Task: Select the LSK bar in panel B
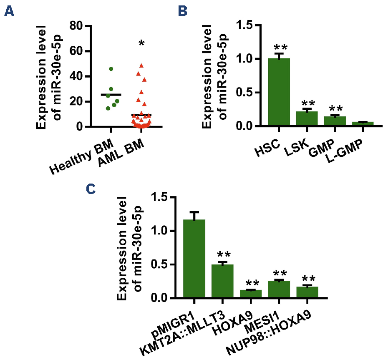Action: click(x=307, y=119)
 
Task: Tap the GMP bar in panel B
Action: click(x=335, y=121)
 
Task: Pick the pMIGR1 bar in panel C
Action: click(x=194, y=259)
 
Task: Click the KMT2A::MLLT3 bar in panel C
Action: click(x=222, y=281)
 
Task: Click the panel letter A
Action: click(x=9, y=11)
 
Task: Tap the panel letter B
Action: click(x=182, y=11)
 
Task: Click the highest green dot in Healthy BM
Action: click(x=111, y=69)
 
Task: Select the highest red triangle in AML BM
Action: click(x=141, y=65)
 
